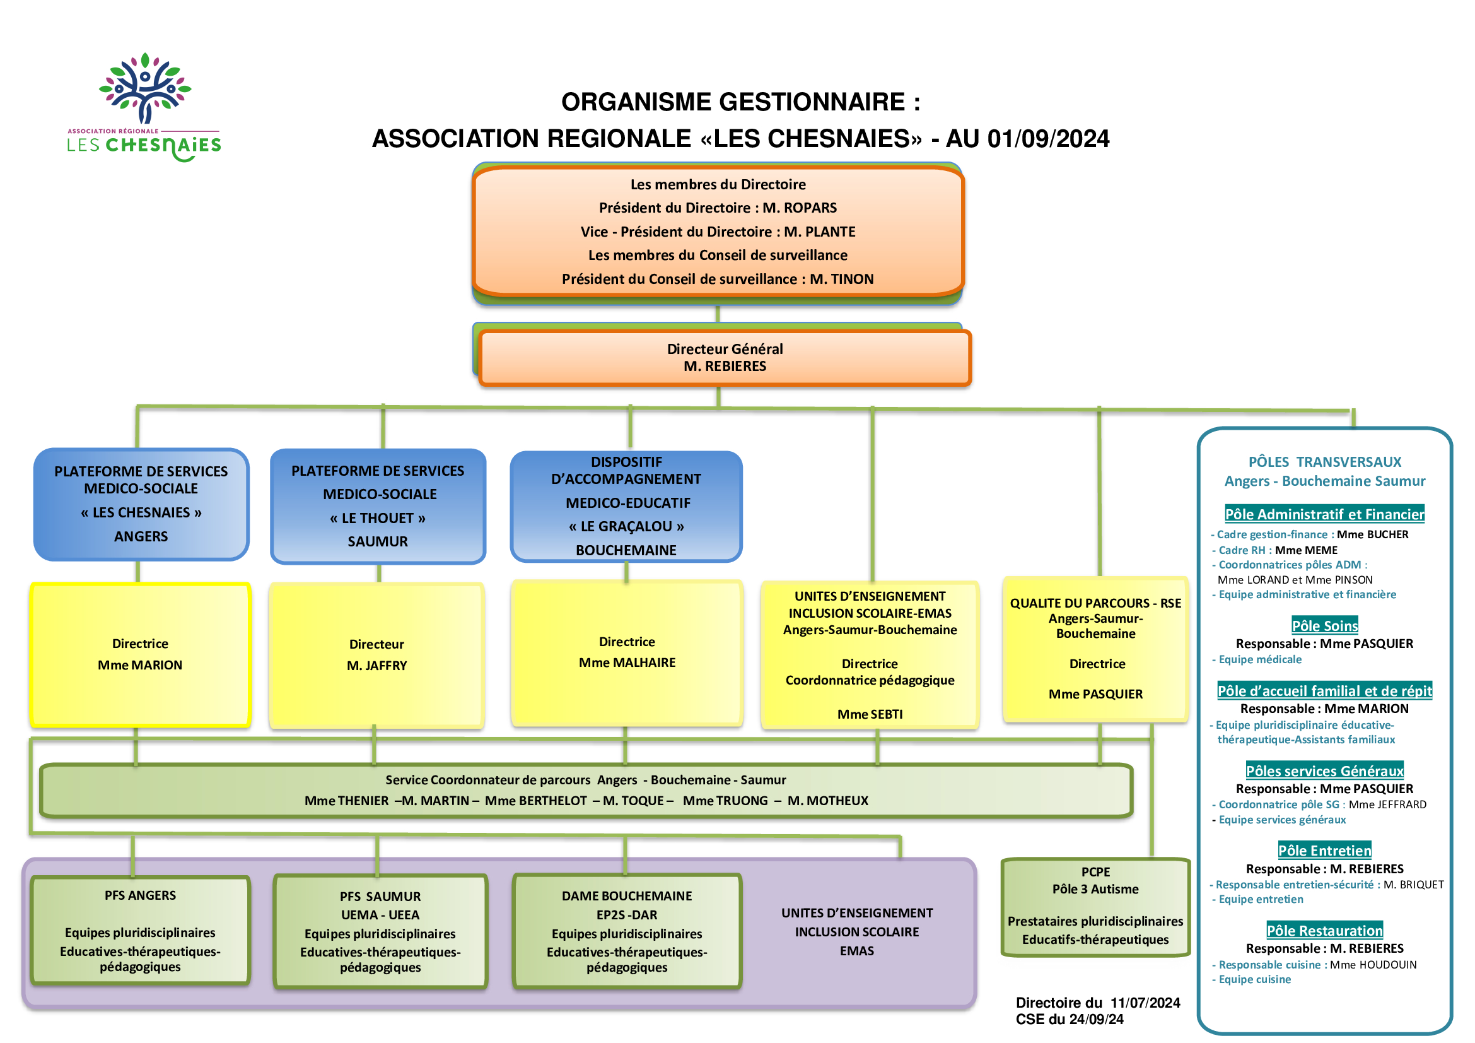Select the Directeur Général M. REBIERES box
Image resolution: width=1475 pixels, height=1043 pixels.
(x=725, y=358)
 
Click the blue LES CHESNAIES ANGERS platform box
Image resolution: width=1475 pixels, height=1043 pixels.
(x=141, y=505)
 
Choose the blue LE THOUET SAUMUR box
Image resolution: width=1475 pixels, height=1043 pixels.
(x=378, y=507)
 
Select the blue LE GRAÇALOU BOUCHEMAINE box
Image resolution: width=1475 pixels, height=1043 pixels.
(x=626, y=507)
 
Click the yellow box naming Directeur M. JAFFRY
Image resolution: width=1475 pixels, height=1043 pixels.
(x=377, y=656)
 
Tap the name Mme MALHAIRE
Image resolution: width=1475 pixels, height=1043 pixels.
(x=627, y=663)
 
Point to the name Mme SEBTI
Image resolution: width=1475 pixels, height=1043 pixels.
(x=870, y=715)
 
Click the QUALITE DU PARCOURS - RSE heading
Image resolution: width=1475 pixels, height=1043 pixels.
(x=1095, y=603)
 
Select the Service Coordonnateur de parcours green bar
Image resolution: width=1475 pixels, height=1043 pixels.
(x=586, y=791)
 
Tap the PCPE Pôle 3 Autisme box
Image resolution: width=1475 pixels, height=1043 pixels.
(x=1095, y=907)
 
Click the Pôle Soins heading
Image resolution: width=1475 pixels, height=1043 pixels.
(x=1325, y=626)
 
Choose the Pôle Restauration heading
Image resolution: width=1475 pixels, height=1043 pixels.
(x=1325, y=931)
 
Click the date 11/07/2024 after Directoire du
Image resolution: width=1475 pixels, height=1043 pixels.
(x=1145, y=1003)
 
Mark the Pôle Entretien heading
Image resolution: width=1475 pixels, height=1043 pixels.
(x=1325, y=851)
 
